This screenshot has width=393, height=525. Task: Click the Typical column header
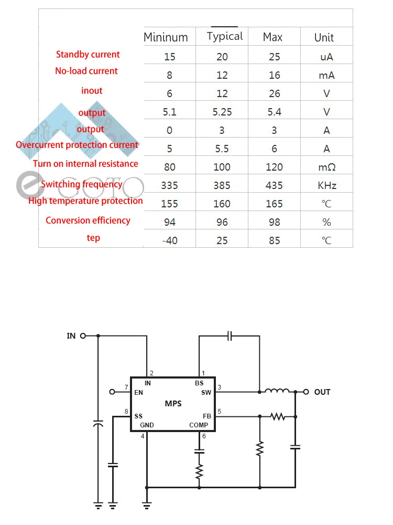224,36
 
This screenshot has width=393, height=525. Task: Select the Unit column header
324,37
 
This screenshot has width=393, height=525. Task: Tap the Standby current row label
88,55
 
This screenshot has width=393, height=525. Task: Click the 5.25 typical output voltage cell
222,112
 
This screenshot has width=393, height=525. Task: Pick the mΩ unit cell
326,167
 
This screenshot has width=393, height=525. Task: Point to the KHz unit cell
326,185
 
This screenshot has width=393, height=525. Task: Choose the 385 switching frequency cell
222,185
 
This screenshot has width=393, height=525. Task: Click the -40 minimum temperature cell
169,240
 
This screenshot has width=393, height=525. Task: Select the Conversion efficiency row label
88,220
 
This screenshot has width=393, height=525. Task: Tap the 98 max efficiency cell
274,222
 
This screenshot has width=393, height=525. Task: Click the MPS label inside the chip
173,404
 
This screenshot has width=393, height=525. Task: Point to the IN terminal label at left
71,336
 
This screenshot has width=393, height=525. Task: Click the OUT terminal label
322,392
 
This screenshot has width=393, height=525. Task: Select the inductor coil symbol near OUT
277,391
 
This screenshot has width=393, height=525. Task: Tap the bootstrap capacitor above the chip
230,336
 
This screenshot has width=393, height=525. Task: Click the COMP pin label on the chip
199,425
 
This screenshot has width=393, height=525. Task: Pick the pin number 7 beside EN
127,387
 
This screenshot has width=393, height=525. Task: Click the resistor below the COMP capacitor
199,470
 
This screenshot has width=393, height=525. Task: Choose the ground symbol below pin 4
147,506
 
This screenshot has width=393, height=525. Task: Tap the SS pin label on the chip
139,416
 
